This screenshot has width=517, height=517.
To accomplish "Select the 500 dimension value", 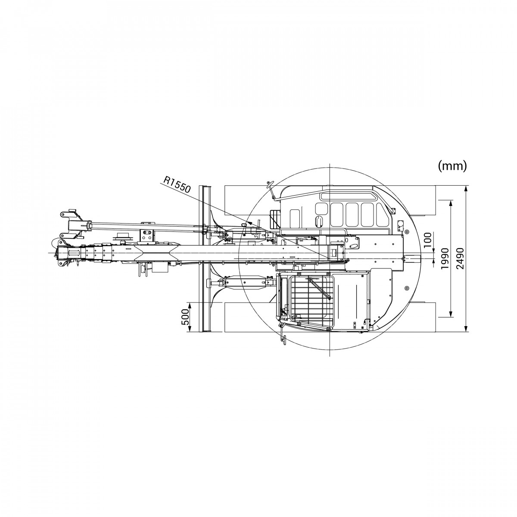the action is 185,317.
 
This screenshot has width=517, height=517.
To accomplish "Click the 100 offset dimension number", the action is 429,239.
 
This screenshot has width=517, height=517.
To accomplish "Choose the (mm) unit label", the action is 452,166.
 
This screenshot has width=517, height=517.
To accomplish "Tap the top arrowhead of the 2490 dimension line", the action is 466,189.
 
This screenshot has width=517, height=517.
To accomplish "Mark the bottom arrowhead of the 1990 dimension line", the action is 451,314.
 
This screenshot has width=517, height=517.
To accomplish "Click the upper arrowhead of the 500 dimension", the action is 190,305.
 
